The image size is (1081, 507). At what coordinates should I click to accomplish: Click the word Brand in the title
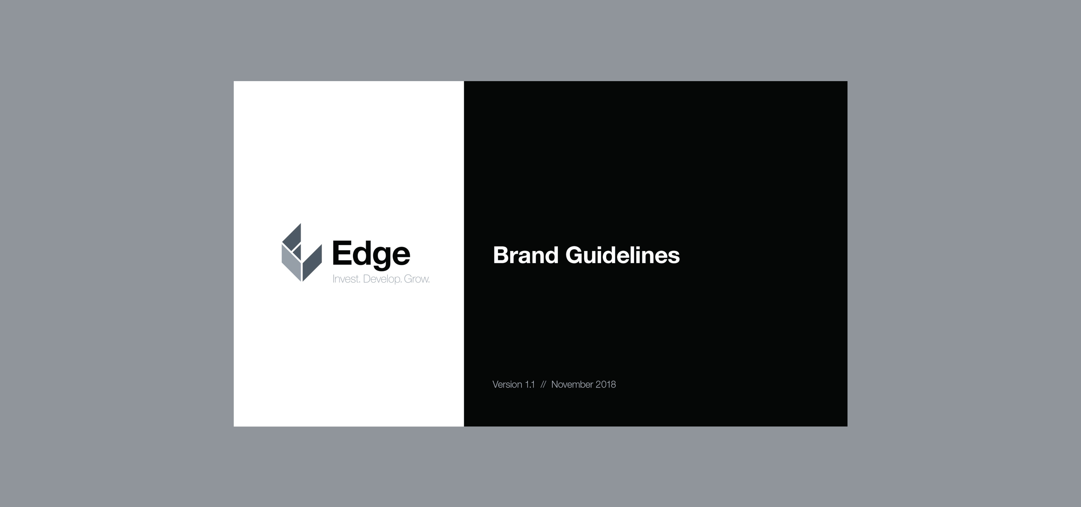(525, 255)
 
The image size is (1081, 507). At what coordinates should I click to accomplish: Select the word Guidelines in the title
(622, 255)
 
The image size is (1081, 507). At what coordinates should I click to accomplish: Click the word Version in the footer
(507, 384)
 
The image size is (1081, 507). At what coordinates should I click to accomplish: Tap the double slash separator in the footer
(543, 384)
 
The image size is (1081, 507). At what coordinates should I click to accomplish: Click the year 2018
(606, 384)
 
